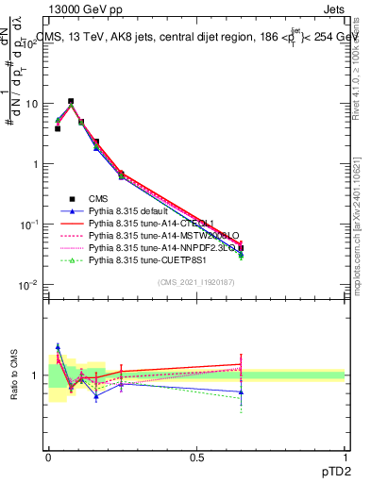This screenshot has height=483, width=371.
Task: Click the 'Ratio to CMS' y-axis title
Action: (x=14, y=375)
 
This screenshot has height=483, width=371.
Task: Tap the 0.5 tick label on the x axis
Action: (x=196, y=457)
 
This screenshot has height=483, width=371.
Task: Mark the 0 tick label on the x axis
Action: (x=48, y=457)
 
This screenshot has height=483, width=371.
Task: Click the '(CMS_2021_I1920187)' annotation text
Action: (x=196, y=281)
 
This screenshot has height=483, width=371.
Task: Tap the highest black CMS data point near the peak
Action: (x=70, y=101)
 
